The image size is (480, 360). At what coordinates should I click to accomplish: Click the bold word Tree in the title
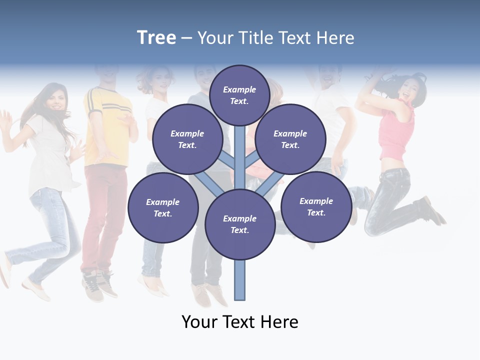click(156, 38)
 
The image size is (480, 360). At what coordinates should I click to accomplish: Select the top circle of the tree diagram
click(239, 95)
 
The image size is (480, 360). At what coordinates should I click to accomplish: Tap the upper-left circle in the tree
click(187, 139)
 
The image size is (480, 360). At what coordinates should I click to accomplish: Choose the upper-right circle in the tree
click(290, 139)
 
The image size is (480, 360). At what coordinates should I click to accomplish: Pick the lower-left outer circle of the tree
click(163, 207)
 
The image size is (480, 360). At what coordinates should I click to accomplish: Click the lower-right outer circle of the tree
click(316, 206)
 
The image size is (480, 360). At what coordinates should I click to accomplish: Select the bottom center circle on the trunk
click(240, 224)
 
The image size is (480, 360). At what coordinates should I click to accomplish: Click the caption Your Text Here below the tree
click(240, 322)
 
